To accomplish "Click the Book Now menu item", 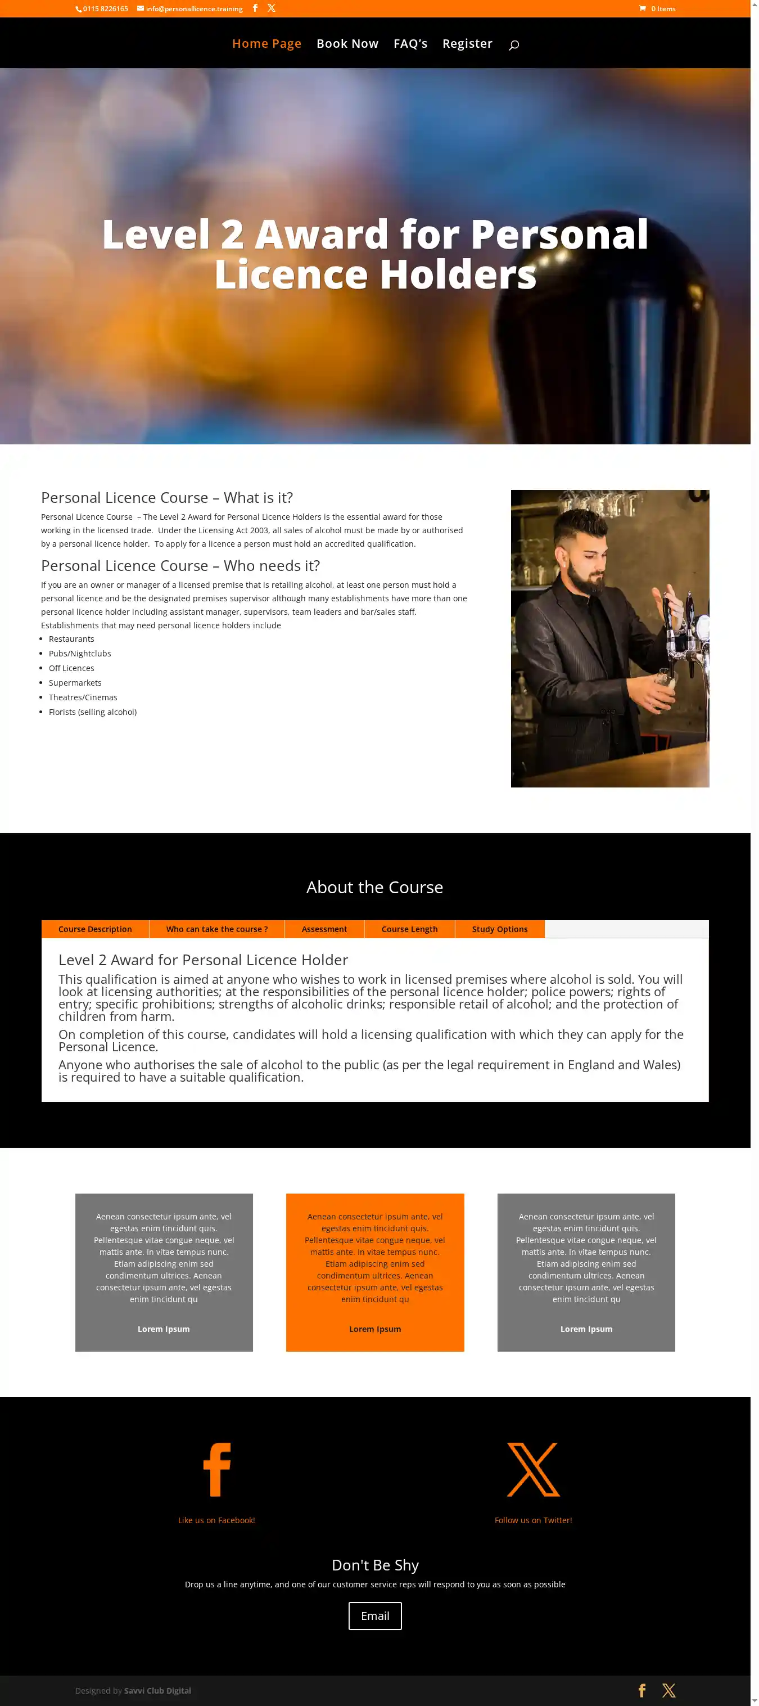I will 347,44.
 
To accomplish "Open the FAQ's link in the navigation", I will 410,44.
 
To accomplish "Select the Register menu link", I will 467,44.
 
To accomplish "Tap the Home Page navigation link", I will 266,44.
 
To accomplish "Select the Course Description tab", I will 95,929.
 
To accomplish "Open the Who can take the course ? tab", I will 217,929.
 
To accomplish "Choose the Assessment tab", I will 324,929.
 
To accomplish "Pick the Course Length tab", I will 410,929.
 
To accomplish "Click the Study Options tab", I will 500,929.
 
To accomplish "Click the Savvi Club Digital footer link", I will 157,1690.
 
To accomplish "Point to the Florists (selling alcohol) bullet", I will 93,712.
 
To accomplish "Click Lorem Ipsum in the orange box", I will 375,1329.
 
